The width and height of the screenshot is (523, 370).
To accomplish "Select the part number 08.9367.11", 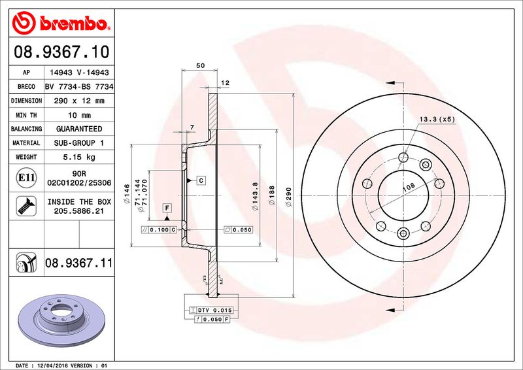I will (x=78, y=263).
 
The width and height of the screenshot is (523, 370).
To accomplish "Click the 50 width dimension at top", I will (x=201, y=65).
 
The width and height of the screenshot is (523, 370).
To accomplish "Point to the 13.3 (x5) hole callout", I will (x=437, y=119).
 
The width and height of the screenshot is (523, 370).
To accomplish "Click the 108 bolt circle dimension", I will (x=408, y=188).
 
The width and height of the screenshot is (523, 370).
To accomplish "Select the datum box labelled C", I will (x=201, y=180).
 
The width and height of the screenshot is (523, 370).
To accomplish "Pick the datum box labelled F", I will (x=167, y=208).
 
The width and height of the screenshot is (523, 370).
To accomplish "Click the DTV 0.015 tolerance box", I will (x=215, y=309).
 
